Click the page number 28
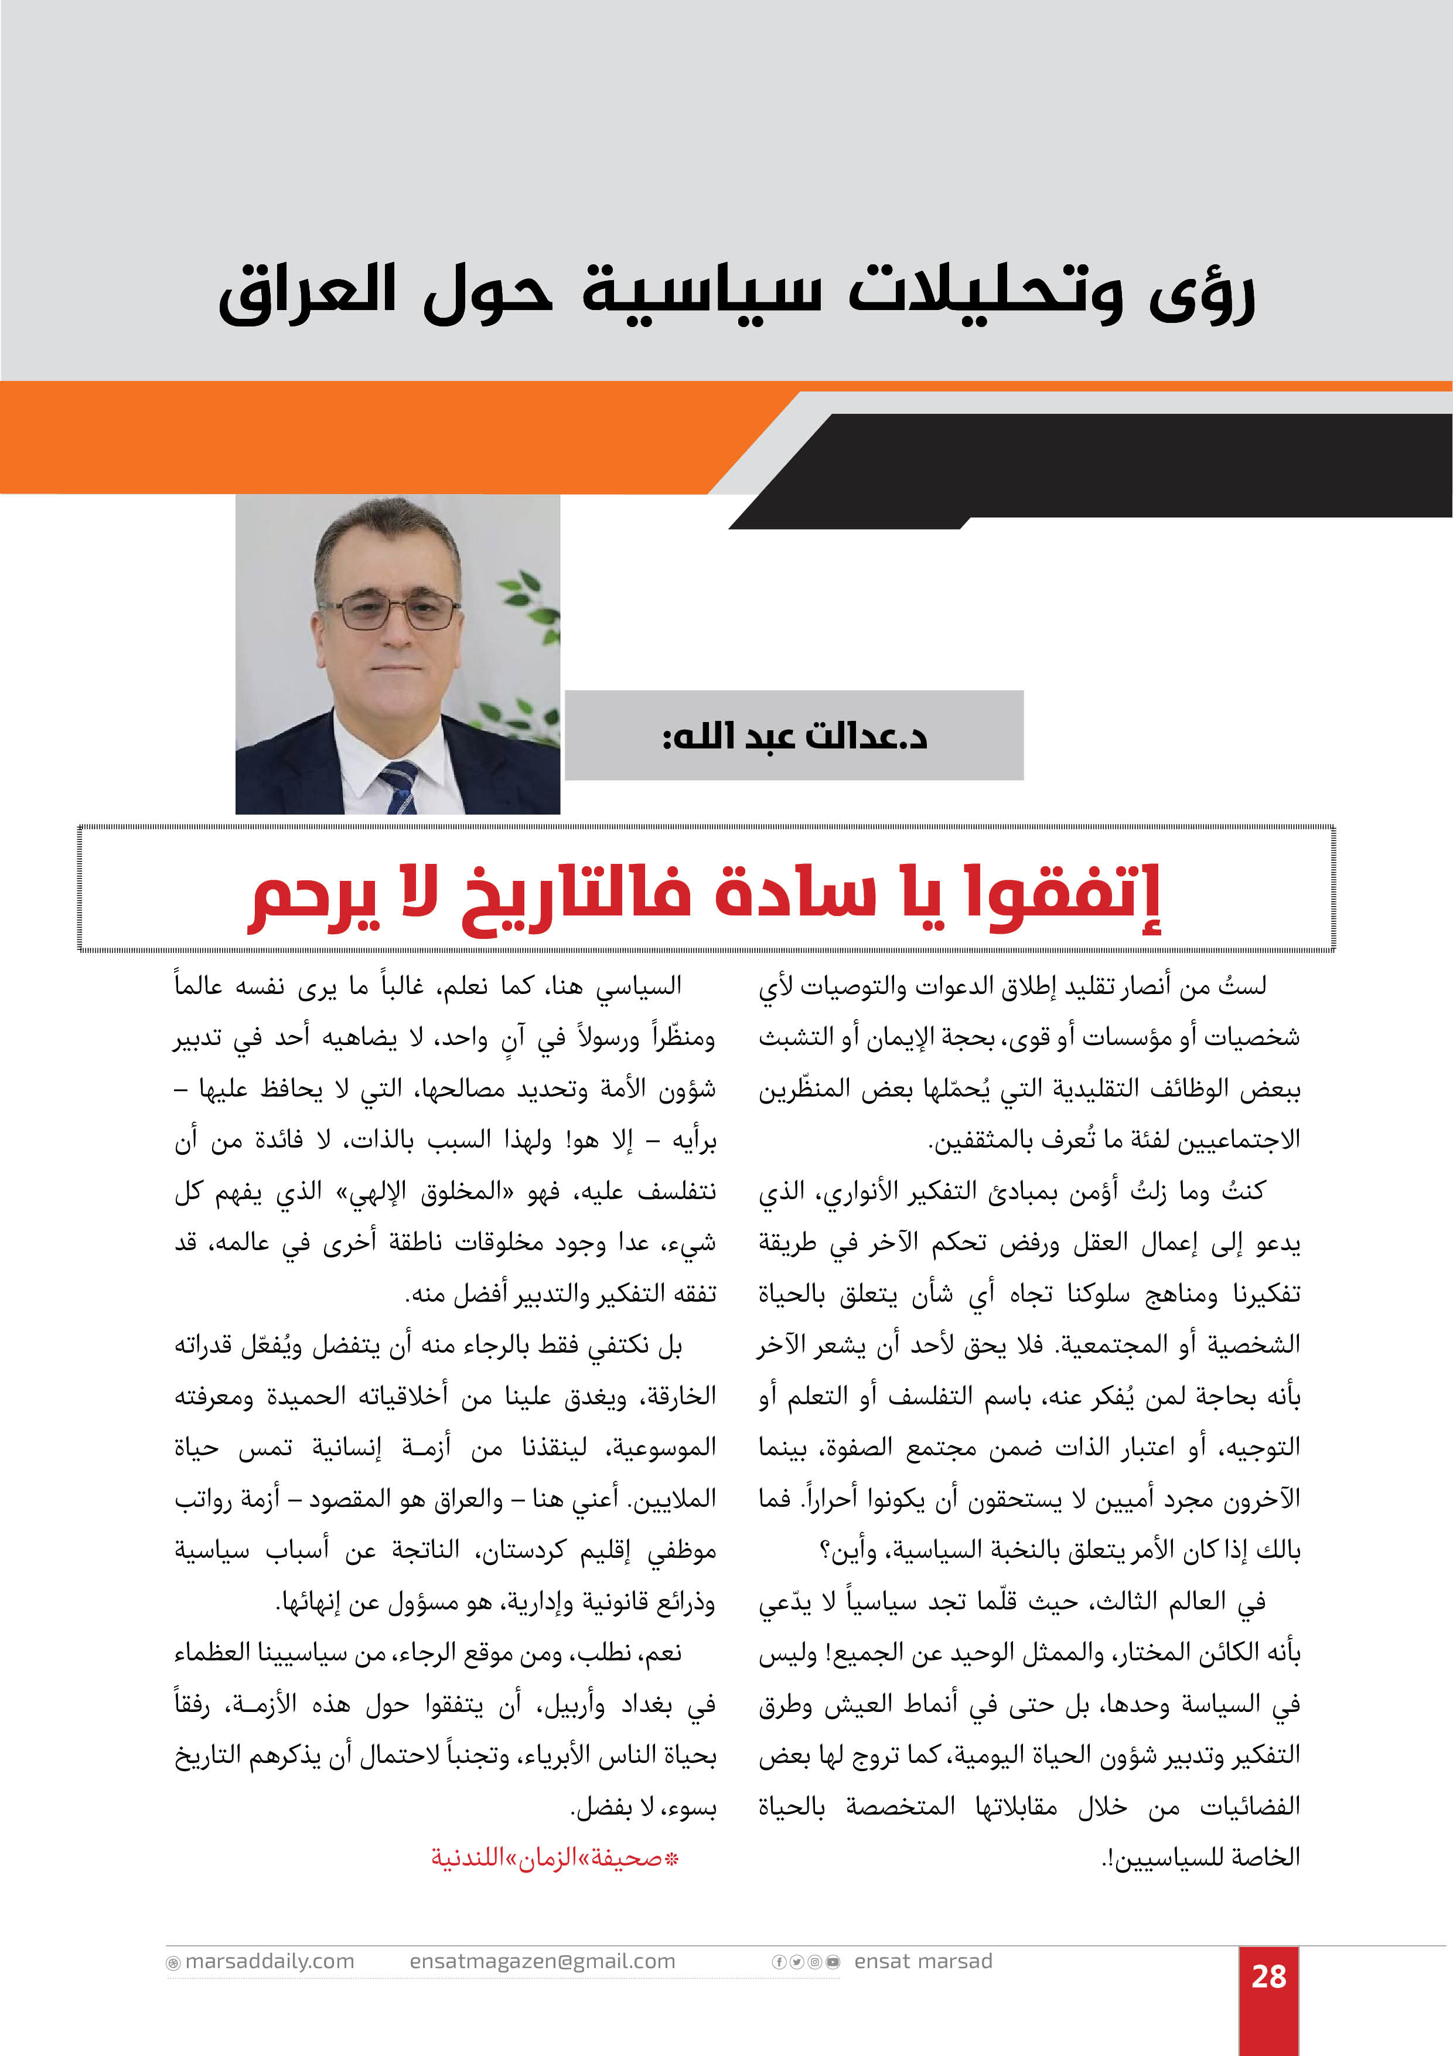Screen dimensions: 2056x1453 click(x=1268, y=1976)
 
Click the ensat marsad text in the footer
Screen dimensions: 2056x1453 click(x=923, y=1961)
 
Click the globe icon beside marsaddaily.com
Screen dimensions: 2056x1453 click(x=173, y=1963)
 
